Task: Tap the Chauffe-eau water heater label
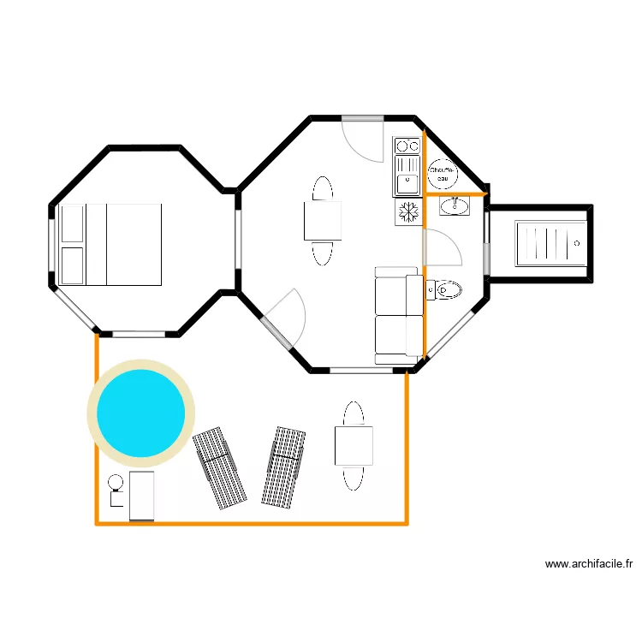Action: point(442,174)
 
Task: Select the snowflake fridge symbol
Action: point(407,211)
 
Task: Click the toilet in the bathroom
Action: point(444,289)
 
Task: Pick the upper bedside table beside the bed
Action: point(73,223)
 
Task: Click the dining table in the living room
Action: point(323,220)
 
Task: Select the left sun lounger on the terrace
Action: point(219,469)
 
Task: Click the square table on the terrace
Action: point(354,446)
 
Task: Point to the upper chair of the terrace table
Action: point(354,413)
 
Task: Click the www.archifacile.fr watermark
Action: point(589,565)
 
